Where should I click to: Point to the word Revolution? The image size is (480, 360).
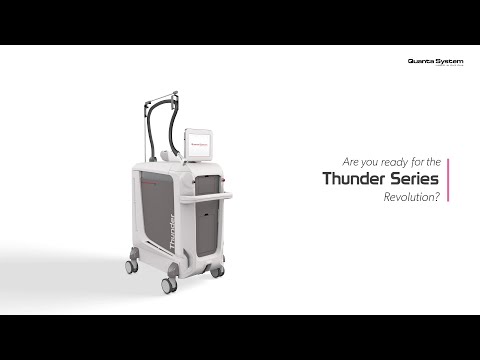(x=411, y=198)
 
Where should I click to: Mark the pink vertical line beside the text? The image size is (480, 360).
(x=447, y=180)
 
